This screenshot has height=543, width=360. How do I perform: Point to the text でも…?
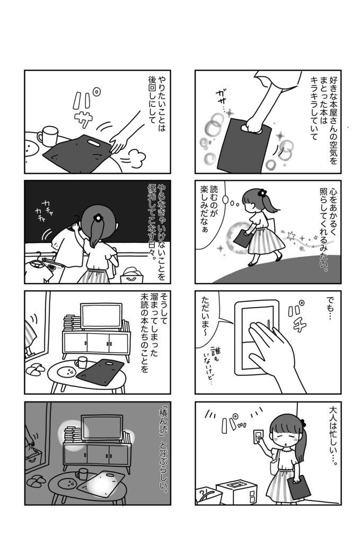coord(331,310)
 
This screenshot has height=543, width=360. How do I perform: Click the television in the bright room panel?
coord(101,317)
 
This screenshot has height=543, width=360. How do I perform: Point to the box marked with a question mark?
coord(208,495)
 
